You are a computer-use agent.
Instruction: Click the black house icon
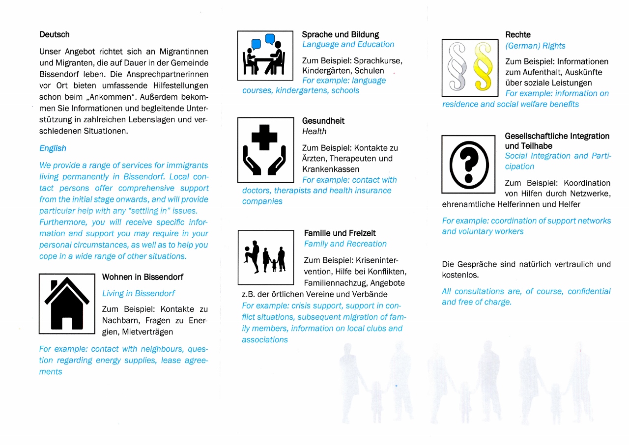[x=67, y=304]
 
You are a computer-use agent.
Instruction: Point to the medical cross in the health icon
[x=264, y=137]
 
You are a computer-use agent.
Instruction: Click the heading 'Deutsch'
[x=55, y=34]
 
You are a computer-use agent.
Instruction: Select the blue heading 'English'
[x=53, y=148]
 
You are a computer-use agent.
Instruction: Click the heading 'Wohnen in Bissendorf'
[x=143, y=277]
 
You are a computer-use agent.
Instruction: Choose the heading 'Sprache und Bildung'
[x=341, y=34]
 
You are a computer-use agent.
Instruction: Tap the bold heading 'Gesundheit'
[x=323, y=121]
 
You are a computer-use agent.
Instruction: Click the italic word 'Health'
[x=314, y=131]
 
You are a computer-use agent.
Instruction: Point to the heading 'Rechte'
[x=518, y=34]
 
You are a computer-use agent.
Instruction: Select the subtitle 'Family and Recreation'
[x=345, y=244]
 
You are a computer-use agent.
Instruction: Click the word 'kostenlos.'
[x=460, y=275]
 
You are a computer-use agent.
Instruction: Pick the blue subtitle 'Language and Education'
[x=348, y=44]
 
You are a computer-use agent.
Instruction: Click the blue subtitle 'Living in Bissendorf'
[x=139, y=293]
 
